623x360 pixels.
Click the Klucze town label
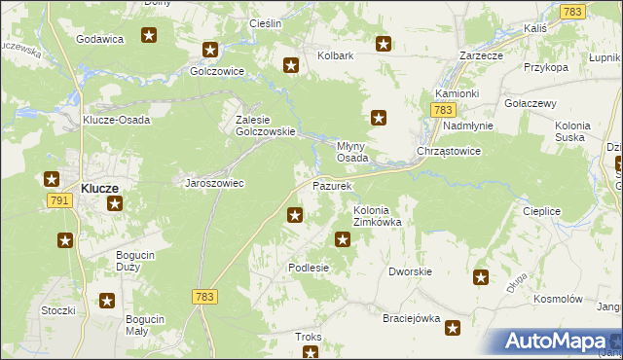(99, 187)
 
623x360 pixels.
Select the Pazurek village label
(331, 185)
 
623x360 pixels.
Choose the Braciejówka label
(412, 318)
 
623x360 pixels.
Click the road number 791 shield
(59, 199)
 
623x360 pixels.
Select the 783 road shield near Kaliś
(572, 12)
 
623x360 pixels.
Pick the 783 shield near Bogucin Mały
(204, 297)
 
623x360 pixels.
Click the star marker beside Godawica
(149, 37)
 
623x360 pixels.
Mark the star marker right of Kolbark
(384, 44)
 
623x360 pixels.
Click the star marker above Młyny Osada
(379, 119)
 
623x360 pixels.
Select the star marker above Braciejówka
(453, 331)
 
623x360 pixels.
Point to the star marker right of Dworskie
(480, 278)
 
